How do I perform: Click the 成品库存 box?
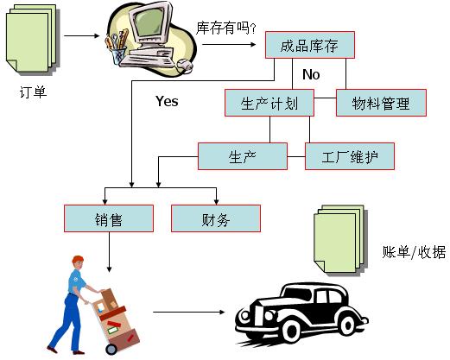pyautogui.click(x=310, y=45)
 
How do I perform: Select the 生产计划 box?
pyautogui.click(x=269, y=103)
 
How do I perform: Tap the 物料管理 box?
pyautogui.click(x=381, y=103)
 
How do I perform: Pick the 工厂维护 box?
pyautogui.click(x=350, y=156)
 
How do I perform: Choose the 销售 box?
pyautogui.click(x=109, y=218)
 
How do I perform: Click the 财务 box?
pyautogui.click(x=216, y=218)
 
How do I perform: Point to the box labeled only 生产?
pyautogui.click(x=243, y=156)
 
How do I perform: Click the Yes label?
pyautogui.click(x=167, y=101)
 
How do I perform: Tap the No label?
pyautogui.click(x=311, y=74)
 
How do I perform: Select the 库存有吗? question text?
pyautogui.click(x=225, y=28)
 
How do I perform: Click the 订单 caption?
pyautogui.click(x=33, y=92)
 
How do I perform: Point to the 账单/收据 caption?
pyautogui.click(x=414, y=252)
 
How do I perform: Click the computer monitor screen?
pyautogui.click(x=149, y=22)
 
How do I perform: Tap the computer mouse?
pyautogui.click(x=185, y=65)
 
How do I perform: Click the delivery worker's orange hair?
pyautogui.click(x=78, y=260)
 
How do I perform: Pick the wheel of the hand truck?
pyautogui.click(x=111, y=349)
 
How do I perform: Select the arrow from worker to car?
pyautogui.click(x=188, y=312)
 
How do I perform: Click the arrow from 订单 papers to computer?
pyautogui.click(x=81, y=35)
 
